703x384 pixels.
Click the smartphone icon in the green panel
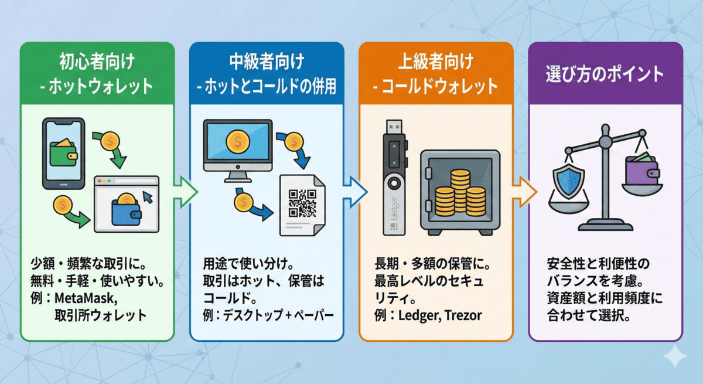[64, 154]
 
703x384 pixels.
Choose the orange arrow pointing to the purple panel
[523, 191]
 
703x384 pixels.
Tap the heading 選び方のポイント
[605, 74]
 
